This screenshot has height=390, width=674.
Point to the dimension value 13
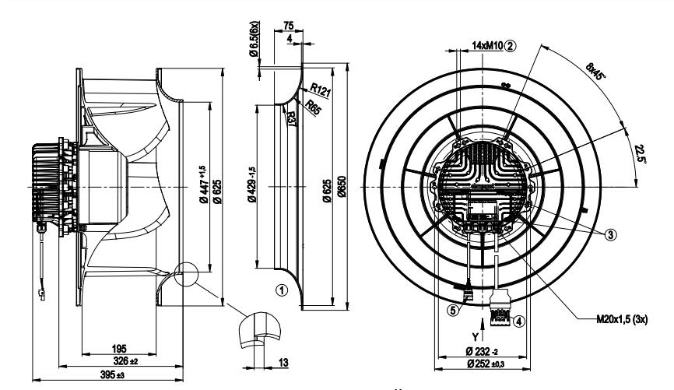tap(286, 363)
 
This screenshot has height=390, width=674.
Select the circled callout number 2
tap(511, 44)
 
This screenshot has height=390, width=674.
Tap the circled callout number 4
tap(519, 318)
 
